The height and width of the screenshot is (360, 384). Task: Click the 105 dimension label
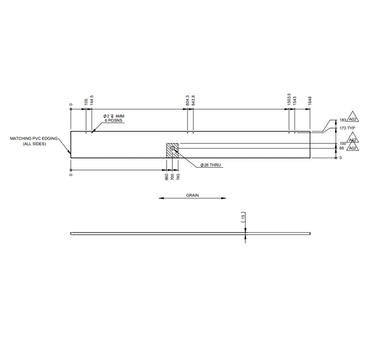86,101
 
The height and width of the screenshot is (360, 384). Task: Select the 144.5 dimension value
92,100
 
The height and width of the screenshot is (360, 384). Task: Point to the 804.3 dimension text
187,100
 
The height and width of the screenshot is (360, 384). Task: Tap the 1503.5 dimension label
289,99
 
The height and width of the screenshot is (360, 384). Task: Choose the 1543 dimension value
295,101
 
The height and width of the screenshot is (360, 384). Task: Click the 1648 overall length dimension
310,101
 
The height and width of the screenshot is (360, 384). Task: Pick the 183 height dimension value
343,120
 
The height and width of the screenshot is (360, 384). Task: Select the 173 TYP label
347,129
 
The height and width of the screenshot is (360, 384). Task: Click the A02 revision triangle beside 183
353,119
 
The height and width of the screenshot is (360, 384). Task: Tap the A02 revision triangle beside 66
353,148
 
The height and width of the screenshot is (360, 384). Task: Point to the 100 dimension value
343,144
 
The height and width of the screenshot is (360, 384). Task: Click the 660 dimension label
167,177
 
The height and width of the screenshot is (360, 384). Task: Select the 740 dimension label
178,177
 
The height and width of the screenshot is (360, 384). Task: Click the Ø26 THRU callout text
212,165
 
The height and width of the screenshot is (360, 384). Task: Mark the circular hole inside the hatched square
172,148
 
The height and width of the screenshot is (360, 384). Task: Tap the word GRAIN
192,196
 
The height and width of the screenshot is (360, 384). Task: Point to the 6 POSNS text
113,121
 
